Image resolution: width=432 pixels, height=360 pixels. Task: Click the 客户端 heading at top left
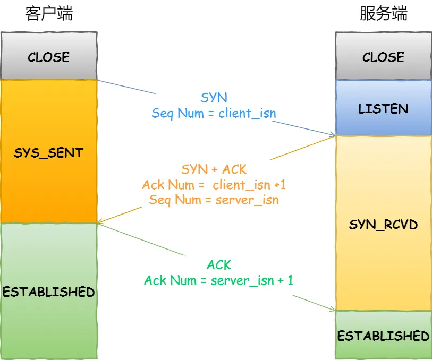(49, 14)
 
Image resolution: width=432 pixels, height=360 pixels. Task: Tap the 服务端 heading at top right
(383, 14)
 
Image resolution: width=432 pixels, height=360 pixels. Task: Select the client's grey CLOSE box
(49, 57)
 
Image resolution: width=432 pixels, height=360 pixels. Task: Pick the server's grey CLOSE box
(383, 57)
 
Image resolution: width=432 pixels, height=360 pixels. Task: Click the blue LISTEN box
(383, 109)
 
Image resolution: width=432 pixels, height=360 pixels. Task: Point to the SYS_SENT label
(49, 153)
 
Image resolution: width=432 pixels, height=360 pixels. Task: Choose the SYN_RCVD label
(383, 225)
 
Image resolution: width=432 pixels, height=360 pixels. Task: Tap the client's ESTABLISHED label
(49, 292)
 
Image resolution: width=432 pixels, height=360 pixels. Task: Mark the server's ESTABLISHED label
(383, 336)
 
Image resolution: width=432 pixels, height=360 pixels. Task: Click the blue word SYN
(214, 98)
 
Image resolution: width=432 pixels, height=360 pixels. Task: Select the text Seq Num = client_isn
(214, 113)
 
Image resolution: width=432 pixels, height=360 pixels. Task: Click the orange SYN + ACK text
(214, 169)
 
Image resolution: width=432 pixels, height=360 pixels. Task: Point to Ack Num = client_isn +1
(214, 185)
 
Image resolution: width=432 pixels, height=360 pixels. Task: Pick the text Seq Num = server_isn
(214, 200)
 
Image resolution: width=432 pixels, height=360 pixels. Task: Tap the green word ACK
(219, 265)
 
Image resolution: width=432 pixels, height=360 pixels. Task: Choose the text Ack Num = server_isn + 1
(218, 280)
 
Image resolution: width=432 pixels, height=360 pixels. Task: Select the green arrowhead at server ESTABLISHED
(333, 310)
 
